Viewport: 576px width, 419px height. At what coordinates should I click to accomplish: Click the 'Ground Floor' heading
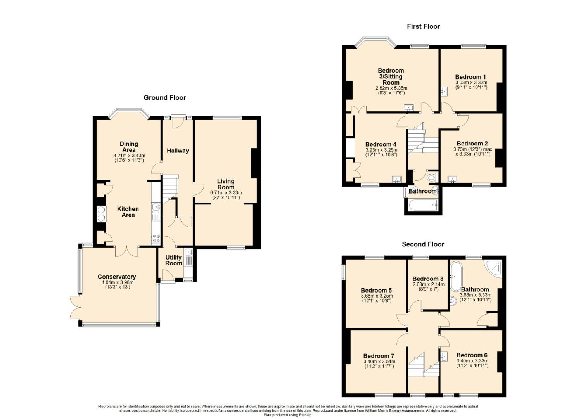pos(164,98)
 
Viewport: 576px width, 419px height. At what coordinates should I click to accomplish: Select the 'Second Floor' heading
pos(423,244)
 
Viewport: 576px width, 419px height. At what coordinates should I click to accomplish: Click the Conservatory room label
pos(117,277)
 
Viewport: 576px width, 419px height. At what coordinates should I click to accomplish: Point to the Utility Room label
pos(173,260)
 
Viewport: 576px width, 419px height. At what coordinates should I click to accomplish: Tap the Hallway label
pos(178,151)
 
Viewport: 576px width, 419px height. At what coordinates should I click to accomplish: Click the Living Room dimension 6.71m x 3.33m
pos(226,193)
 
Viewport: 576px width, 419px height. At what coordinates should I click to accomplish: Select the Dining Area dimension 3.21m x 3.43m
pos(129,156)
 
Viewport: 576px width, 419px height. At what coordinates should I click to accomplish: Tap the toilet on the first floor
pos(432,177)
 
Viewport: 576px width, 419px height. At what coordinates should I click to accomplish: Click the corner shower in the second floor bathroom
pos(493,269)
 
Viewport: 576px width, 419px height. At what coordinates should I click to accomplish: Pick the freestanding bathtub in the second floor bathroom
pos(456,277)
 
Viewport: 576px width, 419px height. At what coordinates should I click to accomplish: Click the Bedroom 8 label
pos(428,279)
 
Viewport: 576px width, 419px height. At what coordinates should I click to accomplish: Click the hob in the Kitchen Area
pos(156,238)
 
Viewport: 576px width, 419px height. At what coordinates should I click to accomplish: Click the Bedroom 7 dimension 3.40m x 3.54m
pos(379,361)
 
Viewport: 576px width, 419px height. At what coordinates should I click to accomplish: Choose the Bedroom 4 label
pos(381,144)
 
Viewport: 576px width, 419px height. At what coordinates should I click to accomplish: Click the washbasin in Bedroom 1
pos(445,91)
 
